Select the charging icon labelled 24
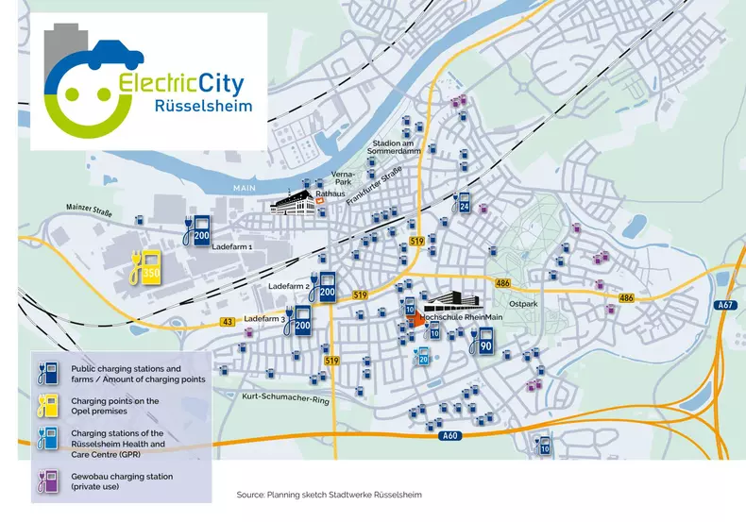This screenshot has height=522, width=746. pyautogui.click(x=463, y=202)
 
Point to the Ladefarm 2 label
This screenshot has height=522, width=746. pyautogui.click(x=290, y=285)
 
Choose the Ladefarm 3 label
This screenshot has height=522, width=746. pyautogui.click(x=265, y=319)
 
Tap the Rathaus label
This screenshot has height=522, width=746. pyautogui.click(x=331, y=192)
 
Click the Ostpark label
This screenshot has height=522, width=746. pyautogui.click(x=522, y=305)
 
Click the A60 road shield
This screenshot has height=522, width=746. pyautogui.click(x=449, y=435)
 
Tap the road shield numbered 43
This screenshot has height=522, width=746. pyautogui.click(x=229, y=322)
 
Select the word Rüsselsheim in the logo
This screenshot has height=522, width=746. pyautogui.click(x=204, y=106)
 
